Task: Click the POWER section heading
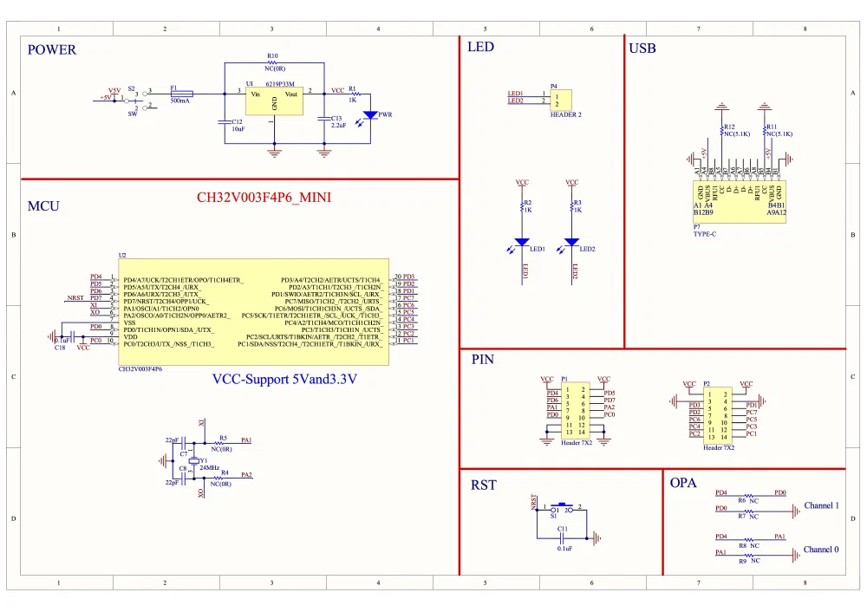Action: (52, 49)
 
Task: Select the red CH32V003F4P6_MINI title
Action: (264, 198)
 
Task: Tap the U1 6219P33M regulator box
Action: (275, 101)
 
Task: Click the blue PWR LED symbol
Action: (371, 114)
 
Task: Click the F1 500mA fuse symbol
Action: (182, 92)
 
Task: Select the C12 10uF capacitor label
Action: (237, 125)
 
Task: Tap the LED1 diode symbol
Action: (522, 243)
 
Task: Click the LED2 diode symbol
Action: (571, 243)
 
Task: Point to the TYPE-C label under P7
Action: (705, 234)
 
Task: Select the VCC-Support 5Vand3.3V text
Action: (285, 380)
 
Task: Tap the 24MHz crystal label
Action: (210, 467)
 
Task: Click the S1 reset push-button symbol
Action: (563, 508)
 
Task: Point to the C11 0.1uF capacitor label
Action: (564, 537)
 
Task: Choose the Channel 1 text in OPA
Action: (821, 505)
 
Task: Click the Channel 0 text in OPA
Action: (821, 550)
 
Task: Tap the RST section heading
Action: (484, 485)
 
